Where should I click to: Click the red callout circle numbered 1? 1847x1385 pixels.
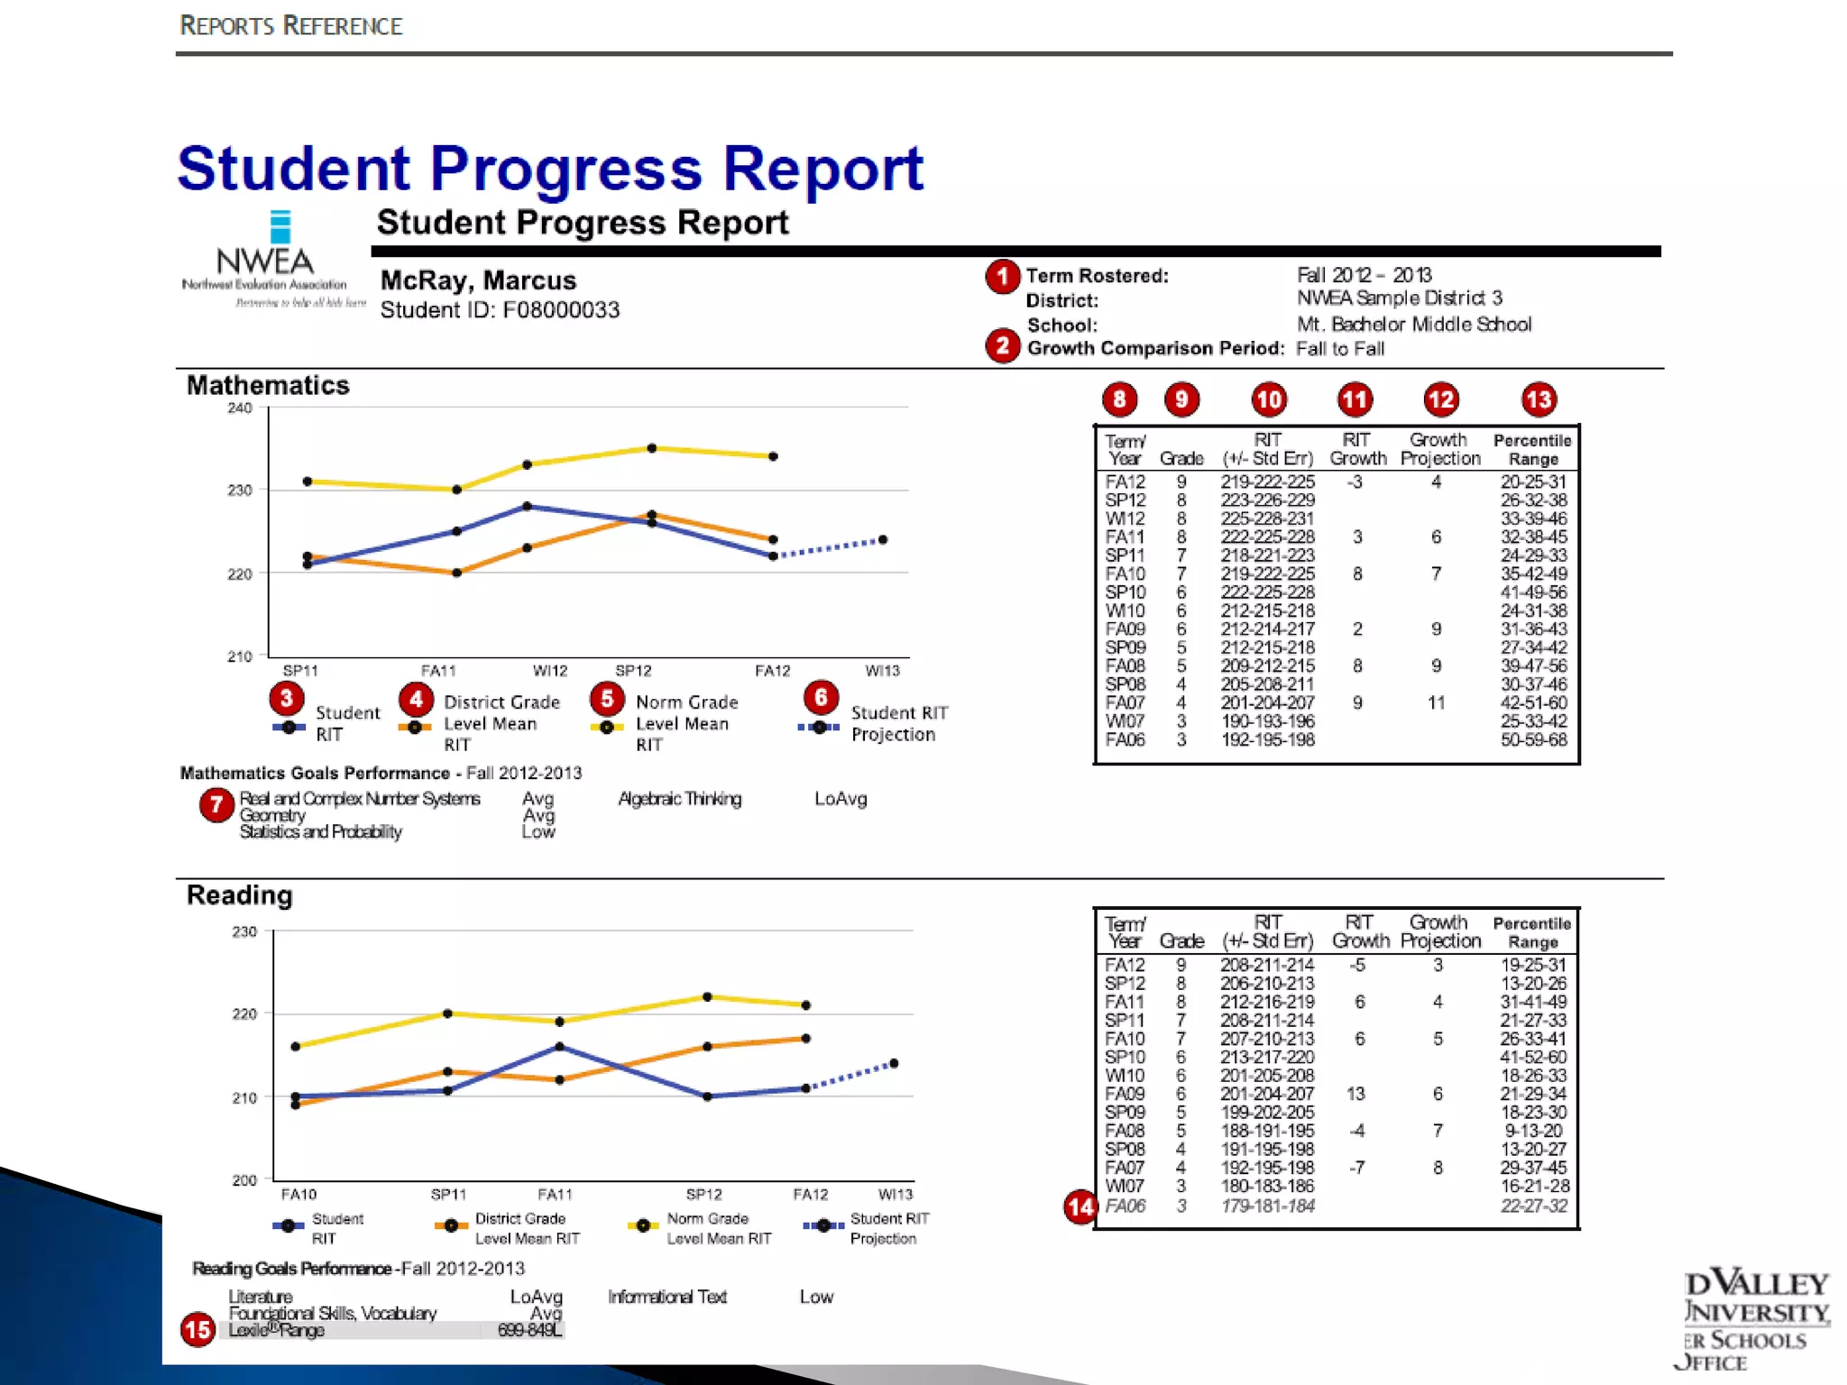1002,277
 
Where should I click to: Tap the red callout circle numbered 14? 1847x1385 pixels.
1080,1206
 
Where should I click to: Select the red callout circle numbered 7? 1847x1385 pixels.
216,804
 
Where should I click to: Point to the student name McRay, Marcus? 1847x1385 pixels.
478,280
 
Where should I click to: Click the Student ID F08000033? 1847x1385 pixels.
500,310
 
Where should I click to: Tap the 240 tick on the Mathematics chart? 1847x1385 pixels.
240,408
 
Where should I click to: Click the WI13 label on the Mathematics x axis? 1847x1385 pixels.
882,671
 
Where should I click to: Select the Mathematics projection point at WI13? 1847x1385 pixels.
883,540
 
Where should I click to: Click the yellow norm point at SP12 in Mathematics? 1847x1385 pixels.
652,448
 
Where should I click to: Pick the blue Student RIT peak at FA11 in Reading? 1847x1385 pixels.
560,1047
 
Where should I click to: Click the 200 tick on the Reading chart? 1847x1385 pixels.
244,1179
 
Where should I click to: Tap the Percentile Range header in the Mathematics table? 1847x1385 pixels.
1532,449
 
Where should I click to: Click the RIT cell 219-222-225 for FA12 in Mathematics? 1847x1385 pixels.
1267,482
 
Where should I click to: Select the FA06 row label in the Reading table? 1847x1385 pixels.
1125,1206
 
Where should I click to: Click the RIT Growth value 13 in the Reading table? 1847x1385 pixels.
1355,1094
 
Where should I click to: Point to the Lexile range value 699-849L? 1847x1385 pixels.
529,1330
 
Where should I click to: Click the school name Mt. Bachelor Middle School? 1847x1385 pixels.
1413,325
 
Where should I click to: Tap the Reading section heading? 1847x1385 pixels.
240,895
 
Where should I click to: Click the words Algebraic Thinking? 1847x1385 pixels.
679,799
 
